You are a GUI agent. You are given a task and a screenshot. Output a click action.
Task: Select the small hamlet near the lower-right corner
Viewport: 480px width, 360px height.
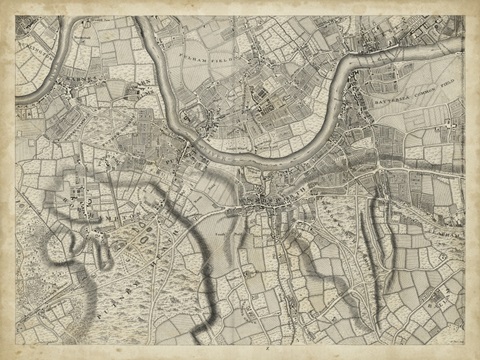[430, 300]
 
